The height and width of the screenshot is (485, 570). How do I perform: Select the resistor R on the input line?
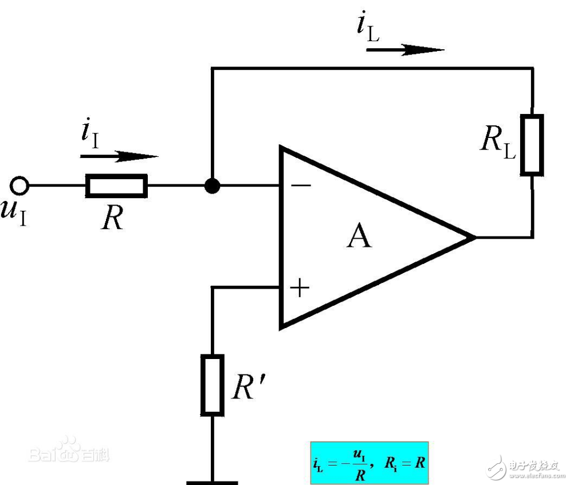(x=116, y=186)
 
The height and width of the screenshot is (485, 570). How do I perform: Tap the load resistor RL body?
(x=532, y=144)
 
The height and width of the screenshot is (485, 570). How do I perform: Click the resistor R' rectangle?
(x=212, y=384)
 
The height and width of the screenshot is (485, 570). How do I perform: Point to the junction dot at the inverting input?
(x=212, y=186)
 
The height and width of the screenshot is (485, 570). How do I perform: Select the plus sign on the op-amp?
(x=300, y=288)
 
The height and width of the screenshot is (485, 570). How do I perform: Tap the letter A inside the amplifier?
(x=359, y=237)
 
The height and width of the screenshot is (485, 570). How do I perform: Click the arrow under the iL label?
(x=404, y=50)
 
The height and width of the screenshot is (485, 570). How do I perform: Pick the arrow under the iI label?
(x=119, y=156)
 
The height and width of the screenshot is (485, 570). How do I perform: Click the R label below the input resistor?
(x=113, y=218)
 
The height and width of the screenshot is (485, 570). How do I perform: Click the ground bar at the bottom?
(x=212, y=482)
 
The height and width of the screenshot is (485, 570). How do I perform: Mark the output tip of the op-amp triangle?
(x=475, y=236)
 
